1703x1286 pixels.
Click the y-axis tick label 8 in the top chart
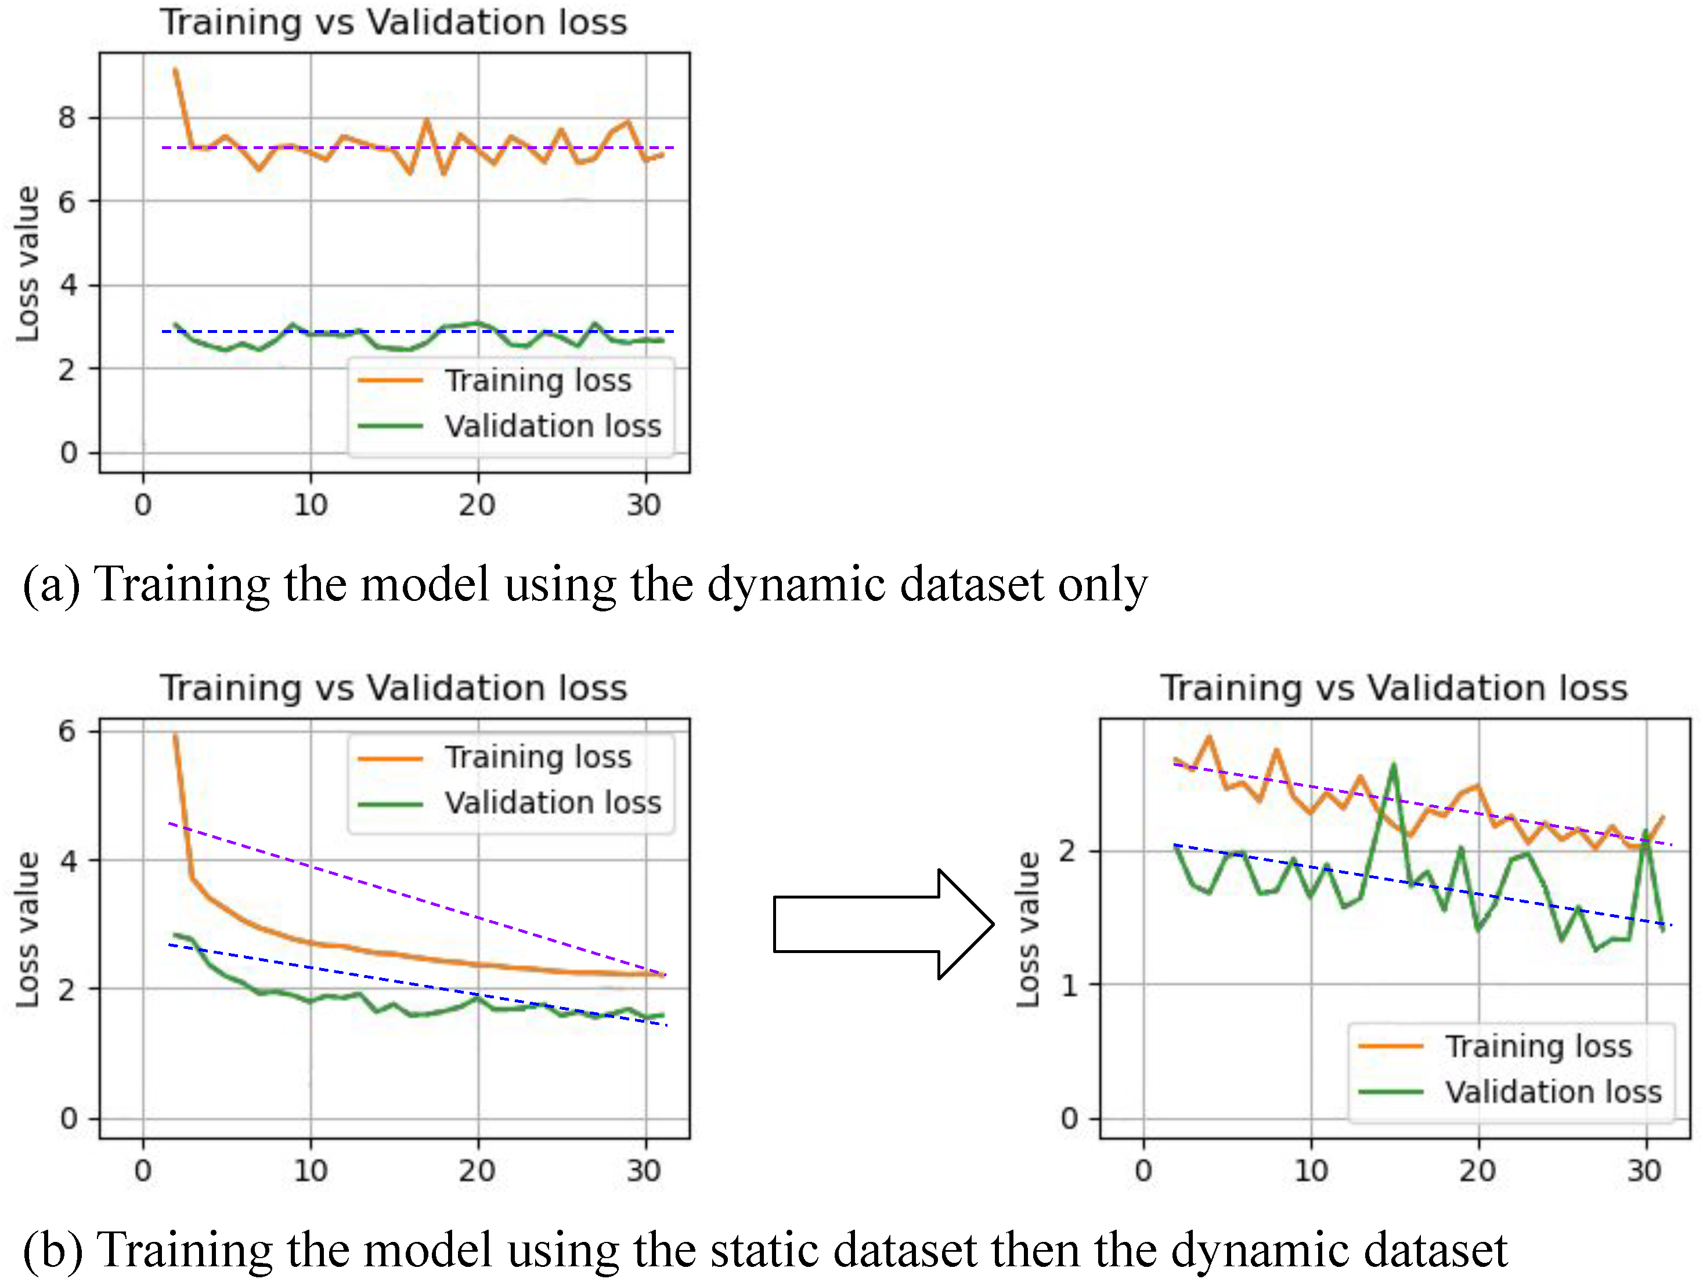(68, 118)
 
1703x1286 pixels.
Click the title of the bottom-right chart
(1394, 687)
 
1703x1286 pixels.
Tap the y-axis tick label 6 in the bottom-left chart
(68, 731)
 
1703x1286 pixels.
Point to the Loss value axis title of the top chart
(28, 264)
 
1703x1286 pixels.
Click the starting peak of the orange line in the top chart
(175, 71)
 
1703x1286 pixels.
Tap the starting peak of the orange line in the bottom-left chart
(175, 736)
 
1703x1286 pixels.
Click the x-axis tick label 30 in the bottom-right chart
(1644, 1171)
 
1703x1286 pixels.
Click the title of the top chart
(394, 21)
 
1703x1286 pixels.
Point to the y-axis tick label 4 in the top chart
(68, 285)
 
